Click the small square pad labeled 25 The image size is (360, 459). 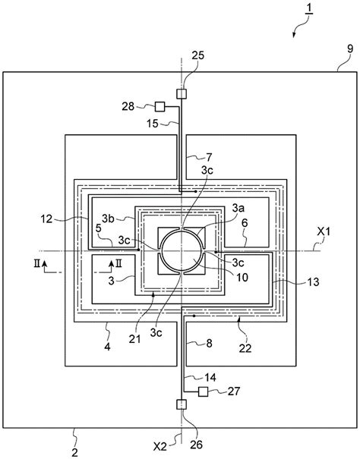coord(182,94)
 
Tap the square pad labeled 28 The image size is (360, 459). coord(159,106)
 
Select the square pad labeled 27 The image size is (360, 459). coord(203,391)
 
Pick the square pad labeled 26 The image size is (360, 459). coord(182,404)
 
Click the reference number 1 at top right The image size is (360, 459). coord(310,9)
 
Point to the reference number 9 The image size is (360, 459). coord(350,49)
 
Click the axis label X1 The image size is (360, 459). coord(324,232)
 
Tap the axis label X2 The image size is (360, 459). coord(160,446)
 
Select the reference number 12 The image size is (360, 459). coord(46,218)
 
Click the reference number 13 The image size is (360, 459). coord(313,282)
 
